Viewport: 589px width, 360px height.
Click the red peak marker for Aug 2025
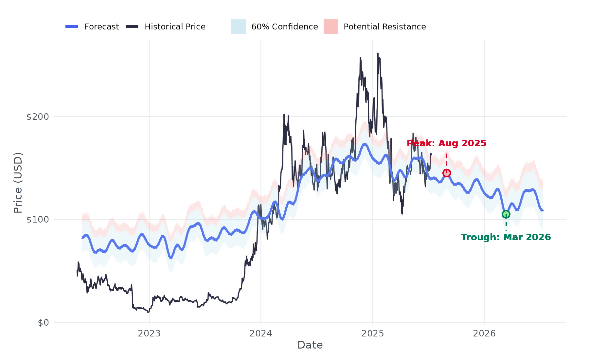click(447, 173)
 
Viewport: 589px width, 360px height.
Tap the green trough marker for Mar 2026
click(506, 214)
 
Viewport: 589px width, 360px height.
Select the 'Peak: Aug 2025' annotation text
click(446, 143)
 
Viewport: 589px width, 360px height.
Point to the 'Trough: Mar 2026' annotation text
click(506, 237)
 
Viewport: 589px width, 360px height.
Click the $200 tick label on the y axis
click(37, 117)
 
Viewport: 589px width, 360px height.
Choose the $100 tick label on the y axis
click(37, 220)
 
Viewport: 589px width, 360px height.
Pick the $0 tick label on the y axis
click(43, 323)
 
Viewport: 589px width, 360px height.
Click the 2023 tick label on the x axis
click(149, 333)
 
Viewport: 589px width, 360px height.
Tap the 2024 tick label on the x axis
click(261, 333)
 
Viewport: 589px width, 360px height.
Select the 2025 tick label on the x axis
click(373, 333)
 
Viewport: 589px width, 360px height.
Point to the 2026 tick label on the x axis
click(484, 333)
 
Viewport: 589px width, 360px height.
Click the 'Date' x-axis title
click(310, 345)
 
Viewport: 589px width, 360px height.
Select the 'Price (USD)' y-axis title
click(18, 183)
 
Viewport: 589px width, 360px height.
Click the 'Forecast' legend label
click(101, 27)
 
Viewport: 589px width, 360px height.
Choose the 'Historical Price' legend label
click(175, 27)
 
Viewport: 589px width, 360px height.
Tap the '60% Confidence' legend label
click(284, 27)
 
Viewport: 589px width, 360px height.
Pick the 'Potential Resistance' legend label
click(384, 27)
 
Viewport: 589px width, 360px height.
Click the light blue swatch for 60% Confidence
click(239, 27)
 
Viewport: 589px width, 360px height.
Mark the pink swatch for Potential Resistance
click(331, 27)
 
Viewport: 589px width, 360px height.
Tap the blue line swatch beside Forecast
click(72, 27)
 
